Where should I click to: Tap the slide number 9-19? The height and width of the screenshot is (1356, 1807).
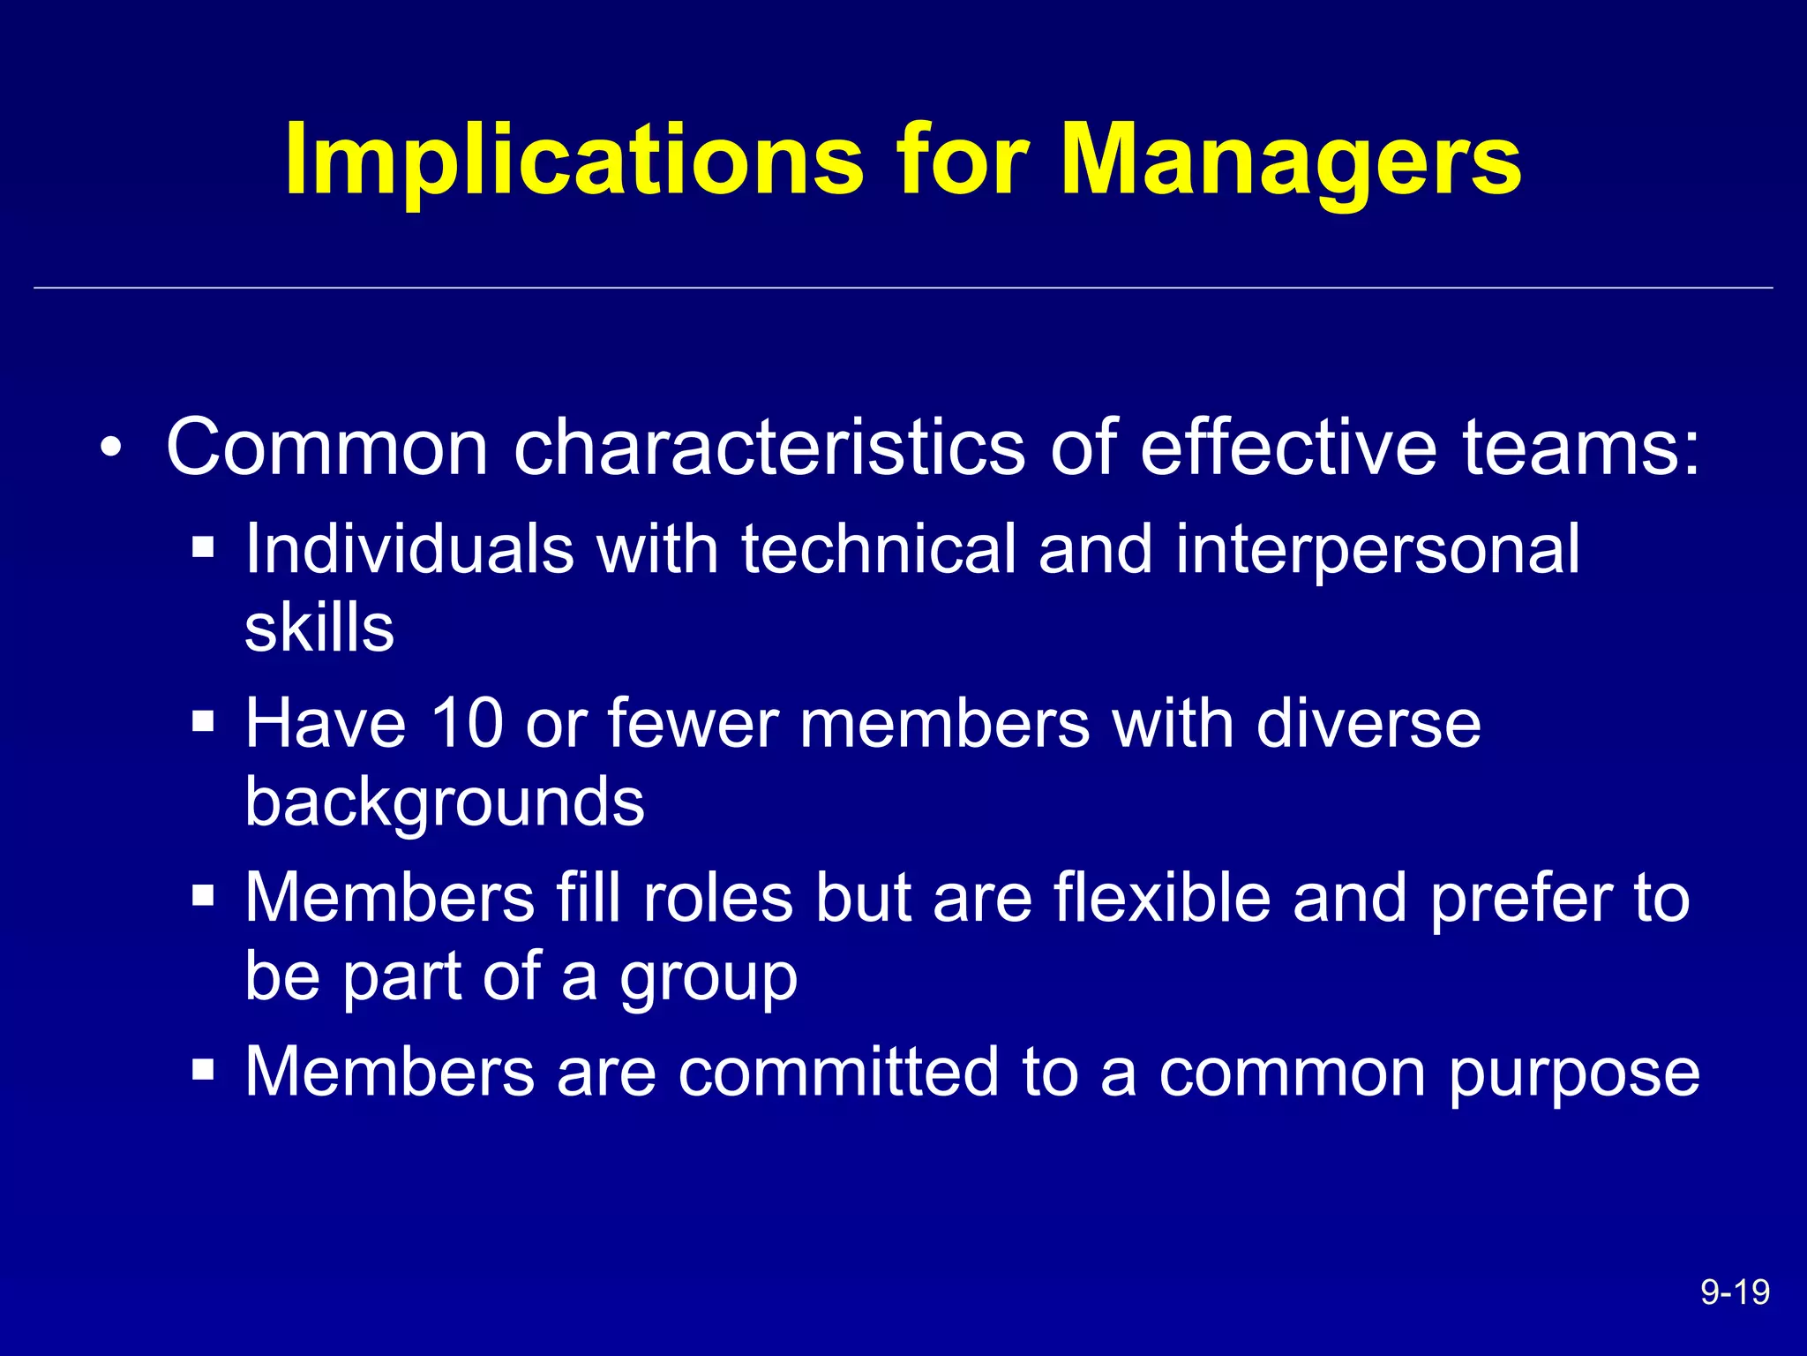coord(1735,1292)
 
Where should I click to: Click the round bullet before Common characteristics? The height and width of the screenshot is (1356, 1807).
coord(110,447)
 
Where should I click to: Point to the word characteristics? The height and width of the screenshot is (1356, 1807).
coord(769,447)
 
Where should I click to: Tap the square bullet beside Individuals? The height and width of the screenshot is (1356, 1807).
coord(203,547)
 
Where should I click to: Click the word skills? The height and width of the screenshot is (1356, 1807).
coord(319,628)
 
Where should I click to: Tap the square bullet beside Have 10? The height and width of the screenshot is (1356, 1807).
coord(203,722)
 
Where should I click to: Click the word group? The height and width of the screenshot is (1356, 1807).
coord(709,978)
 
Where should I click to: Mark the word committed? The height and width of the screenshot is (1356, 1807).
coord(838,1072)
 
